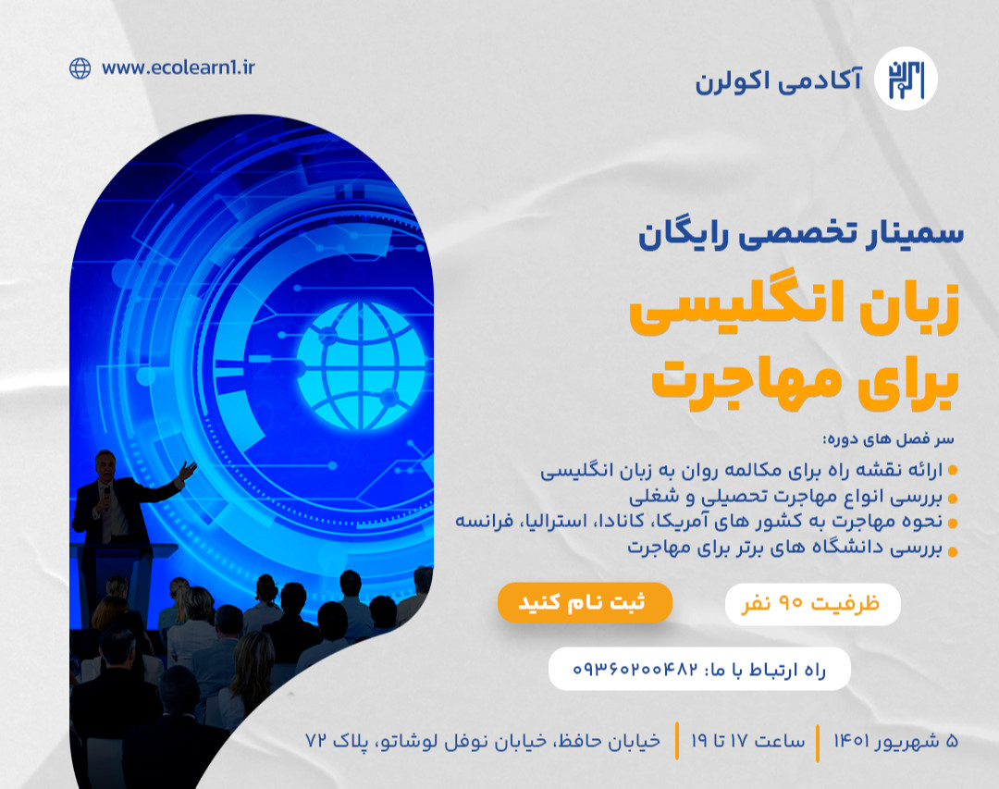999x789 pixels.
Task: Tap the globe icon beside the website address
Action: [x=80, y=68]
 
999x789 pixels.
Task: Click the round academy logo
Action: [x=905, y=79]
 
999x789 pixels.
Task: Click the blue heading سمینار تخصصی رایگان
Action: [x=800, y=232]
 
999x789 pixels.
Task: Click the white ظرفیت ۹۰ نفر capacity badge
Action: [x=812, y=604]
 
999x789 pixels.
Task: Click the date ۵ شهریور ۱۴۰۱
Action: [x=894, y=741]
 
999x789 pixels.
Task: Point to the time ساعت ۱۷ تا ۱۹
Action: [x=747, y=741]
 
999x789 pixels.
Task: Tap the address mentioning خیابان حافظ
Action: [x=483, y=741]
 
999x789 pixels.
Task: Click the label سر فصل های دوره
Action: [x=887, y=438]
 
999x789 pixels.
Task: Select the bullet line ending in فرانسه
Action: [x=698, y=521]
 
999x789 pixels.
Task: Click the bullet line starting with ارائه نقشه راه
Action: [x=741, y=471]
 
